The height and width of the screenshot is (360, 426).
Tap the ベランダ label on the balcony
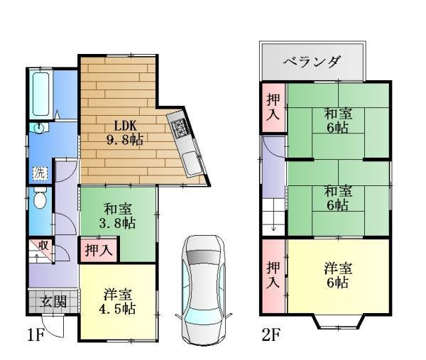click(x=312, y=62)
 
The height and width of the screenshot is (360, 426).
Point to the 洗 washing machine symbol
click(x=38, y=173)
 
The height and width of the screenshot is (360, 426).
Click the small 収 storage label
click(x=44, y=246)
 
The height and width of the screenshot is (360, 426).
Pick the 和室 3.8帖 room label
click(x=117, y=217)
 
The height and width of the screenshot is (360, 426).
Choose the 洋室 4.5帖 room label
click(x=119, y=302)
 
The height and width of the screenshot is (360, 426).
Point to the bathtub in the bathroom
click(x=40, y=94)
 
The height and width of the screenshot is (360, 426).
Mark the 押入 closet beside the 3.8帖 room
click(x=98, y=250)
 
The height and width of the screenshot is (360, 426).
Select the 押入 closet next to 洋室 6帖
click(x=273, y=276)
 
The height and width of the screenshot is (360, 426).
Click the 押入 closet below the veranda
click(x=273, y=107)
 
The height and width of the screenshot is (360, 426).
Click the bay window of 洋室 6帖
click(x=337, y=324)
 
